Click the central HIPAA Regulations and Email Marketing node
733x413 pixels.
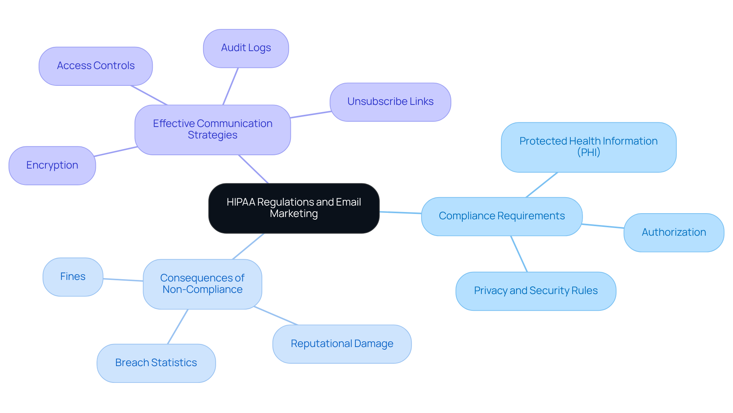click(x=294, y=208)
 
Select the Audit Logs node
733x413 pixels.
click(x=246, y=48)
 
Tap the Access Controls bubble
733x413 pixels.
click(x=95, y=66)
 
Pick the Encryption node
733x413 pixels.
click(x=52, y=166)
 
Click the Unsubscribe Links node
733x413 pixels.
click(x=390, y=102)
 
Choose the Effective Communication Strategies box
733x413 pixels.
click(x=213, y=130)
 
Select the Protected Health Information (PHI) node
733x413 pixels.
click(x=588, y=147)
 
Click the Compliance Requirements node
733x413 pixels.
click(x=502, y=216)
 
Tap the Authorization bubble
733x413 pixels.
click(x=673, y=232)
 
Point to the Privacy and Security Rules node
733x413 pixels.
click(x=536, y=291)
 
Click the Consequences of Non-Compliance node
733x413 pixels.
click(x=202, y=284)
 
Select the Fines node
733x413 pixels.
click(x=73, y=277)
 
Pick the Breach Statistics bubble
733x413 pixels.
click(x=156, y=363)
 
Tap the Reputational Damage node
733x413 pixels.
click(x=342, y=344)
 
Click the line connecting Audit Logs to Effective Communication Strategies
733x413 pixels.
click(x=231, y=86)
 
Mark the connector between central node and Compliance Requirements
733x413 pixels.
click(x=400, y=212)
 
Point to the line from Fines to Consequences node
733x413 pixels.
click(x=123, y=280)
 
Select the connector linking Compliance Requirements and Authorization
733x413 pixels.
click(x=603, y=226)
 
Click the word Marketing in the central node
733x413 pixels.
click(x=294, y=214)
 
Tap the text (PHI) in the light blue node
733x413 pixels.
click(x=588, y=153)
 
